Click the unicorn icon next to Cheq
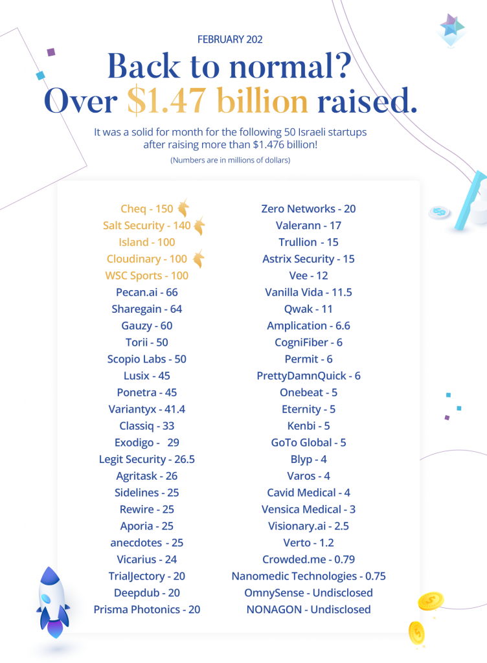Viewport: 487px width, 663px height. click(x=183, y=208)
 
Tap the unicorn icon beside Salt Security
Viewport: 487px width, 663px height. click(x=199, y=225)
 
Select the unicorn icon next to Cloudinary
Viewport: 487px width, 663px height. click(x=199, y=258)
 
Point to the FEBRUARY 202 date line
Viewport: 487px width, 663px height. click(x=230, y=39)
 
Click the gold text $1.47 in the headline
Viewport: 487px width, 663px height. click(x=166, y=101)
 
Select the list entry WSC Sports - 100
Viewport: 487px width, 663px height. click(x=147, y=276)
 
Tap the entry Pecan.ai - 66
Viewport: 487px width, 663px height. click(x=147, y=292)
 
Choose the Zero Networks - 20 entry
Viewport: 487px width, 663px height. click(x=308, y=209)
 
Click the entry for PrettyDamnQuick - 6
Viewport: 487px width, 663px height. click(x=308, y=376)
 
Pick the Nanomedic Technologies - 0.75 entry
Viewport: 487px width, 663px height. click(x=308, y=576)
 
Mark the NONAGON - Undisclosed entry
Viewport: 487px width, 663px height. click(x=308, y=610)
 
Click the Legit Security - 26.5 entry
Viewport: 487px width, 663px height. click(x=147, y=459)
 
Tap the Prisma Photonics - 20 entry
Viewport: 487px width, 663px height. click(x=147, y=610)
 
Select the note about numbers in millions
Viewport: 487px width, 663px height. click(x=230, y=161)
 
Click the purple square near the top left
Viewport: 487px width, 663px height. click(x=51, y=52)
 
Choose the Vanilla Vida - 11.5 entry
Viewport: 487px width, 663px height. click(x=308, y=292)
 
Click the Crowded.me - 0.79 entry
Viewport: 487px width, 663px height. click(x=308, y=559)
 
